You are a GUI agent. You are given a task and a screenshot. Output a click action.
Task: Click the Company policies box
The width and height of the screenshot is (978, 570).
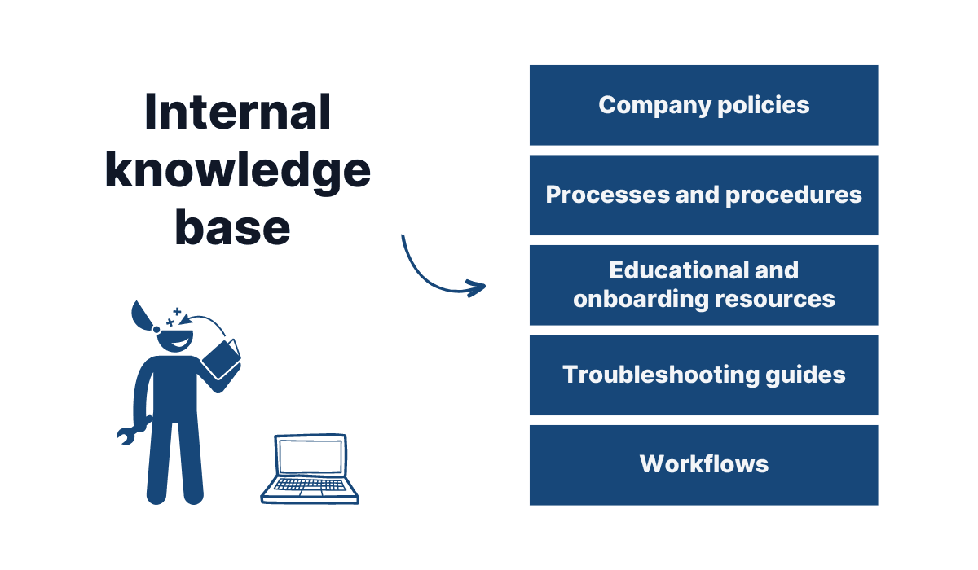703,105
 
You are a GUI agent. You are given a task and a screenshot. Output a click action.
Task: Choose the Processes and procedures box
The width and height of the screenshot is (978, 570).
703,195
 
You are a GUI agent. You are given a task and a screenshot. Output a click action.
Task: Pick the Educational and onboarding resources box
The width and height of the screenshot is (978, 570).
703,285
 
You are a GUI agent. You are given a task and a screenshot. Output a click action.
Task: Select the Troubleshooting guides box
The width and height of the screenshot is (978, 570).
703,375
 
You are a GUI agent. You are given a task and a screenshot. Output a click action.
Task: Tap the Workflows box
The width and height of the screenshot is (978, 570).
703,464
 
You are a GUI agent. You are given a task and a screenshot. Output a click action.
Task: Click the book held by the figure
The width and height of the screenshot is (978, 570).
221,358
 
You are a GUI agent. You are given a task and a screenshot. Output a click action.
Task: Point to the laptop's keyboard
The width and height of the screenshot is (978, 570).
310,487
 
